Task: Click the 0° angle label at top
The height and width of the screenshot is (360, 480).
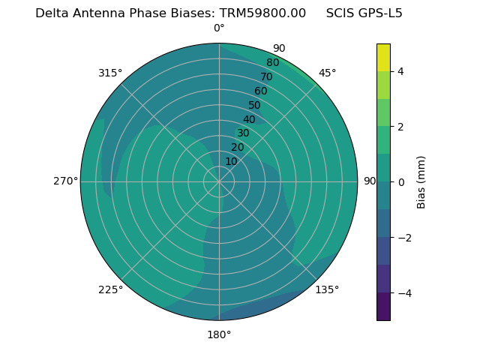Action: (219, 28)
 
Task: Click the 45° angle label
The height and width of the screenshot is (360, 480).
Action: (327, 73)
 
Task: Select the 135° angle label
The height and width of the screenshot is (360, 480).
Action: (327, 289)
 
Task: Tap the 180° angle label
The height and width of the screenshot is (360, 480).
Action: (219, 334)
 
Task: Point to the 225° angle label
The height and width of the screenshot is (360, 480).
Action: (110, 289)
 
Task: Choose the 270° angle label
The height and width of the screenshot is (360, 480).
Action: (65, 181)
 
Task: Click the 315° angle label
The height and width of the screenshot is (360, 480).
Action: (110, 73)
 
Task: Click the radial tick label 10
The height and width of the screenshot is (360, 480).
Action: (231, 162)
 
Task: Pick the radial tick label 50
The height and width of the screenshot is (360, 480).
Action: (254, 106)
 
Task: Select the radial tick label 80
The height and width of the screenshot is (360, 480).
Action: (272, 63)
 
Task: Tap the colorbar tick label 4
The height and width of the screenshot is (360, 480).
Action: (400, 71)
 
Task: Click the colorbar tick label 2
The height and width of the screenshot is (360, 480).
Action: (400, 127)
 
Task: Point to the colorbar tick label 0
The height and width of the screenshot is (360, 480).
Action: (400, 182)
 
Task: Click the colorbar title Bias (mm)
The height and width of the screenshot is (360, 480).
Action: (421, 182)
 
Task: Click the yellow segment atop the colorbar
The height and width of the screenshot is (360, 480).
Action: (383, 58)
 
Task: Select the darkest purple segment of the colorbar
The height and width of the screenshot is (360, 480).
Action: (383, 307)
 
